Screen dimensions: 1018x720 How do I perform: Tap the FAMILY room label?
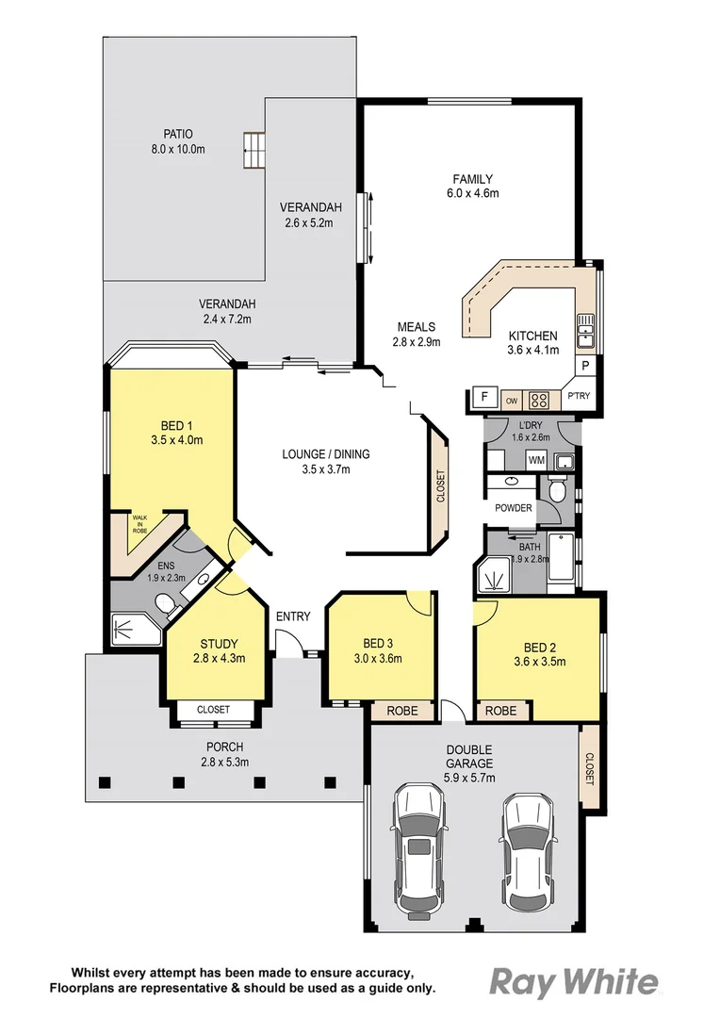[x=472, y=179]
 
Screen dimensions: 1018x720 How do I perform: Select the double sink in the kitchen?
[x=586, y=329]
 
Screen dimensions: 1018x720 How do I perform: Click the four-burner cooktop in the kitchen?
[x=539, y=400]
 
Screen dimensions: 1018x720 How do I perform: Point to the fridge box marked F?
[x=484, y=397]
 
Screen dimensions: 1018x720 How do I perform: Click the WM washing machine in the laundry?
[x=536, y=461]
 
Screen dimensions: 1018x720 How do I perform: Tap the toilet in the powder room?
[x=556, y=491]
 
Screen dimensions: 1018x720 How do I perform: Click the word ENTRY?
[x=293, y=616]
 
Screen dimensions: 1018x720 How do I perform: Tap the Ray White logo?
[x=573, y=982]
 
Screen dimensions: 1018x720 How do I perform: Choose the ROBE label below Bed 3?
[x=402, y=712]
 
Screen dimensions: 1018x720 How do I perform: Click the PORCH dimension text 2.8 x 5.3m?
[x=225, y=763]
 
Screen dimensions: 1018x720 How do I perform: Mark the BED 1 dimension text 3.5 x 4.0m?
[x=176, y=440]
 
